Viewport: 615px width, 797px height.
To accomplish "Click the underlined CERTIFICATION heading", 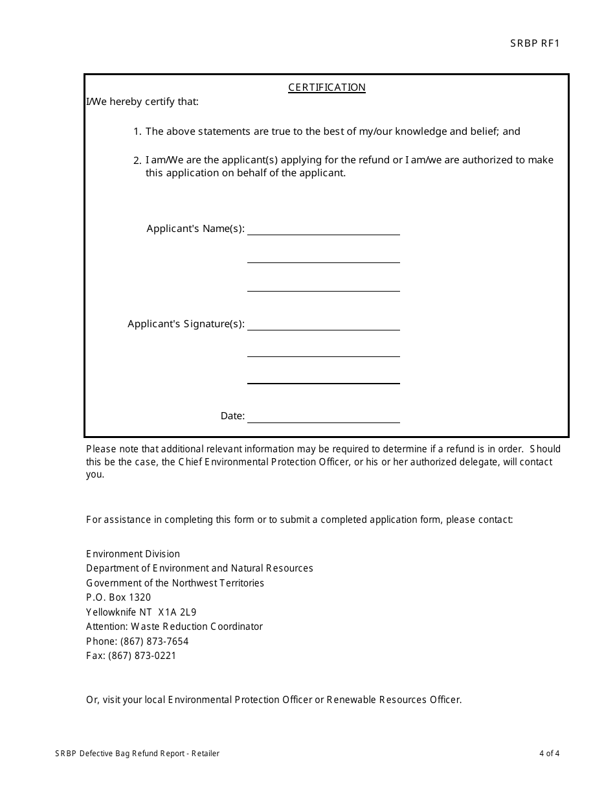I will [327, 87].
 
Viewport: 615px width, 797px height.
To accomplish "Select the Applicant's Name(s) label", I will [196, 229].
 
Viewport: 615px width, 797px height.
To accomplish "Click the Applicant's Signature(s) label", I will [186, 324].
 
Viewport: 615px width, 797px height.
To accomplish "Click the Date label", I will [232, 416].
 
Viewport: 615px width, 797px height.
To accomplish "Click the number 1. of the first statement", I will [137, 132].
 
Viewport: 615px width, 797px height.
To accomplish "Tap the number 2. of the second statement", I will [137, 160].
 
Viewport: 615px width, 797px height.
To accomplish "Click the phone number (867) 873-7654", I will [154, 641].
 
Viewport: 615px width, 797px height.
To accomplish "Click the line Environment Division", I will [133, 554].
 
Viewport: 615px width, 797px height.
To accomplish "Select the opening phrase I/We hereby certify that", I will [142, 102].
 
